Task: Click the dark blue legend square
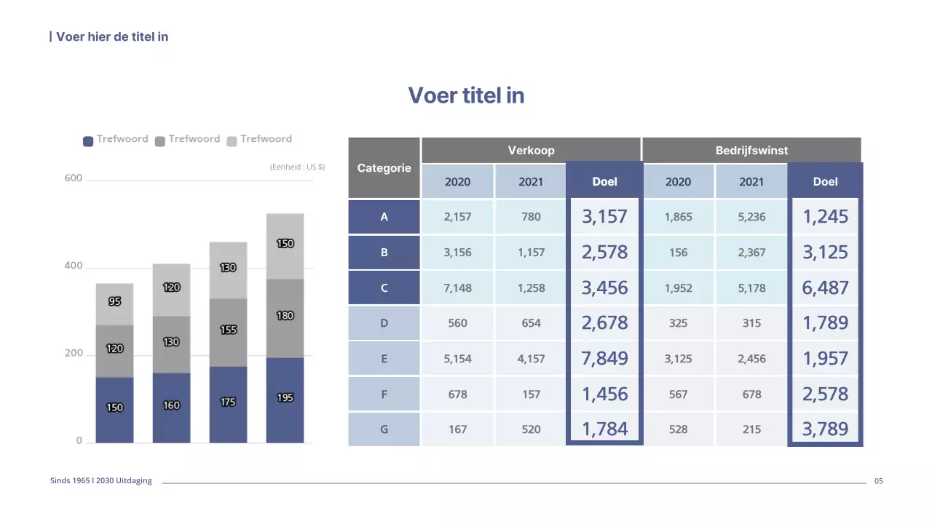tap(88, 141)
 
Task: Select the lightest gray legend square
tap(232, 141)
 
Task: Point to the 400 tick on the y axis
tap(74, 266)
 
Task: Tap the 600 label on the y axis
tap(74, 178)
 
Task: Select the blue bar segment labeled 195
tap(285, 400)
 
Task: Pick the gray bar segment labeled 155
tap(228, 332)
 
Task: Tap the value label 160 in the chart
tap(171, 405)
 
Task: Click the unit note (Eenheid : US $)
tap(297, 167)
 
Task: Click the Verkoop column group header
tap(531, 150)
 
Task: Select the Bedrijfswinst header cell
tap(751, 150)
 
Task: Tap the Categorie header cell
tap(384, 168)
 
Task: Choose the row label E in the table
tap(384, 359)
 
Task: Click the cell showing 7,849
tap(604, 359)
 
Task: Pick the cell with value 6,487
tap(825, 287)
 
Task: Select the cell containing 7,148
tap(457, 287)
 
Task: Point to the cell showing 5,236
tap(751, 217)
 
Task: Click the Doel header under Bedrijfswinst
tap(825, 182)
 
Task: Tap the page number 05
tap(878, 481)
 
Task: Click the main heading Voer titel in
tap(466, 95)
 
